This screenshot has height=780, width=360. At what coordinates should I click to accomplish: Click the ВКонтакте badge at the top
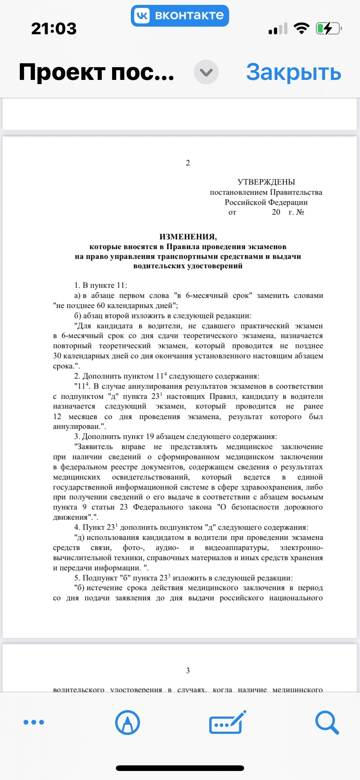coord(180,16)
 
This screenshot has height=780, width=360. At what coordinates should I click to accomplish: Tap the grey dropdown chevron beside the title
coord(206,72)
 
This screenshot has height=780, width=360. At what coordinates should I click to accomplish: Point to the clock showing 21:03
coord(54,29)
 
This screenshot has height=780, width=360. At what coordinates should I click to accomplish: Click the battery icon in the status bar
coord(328,29)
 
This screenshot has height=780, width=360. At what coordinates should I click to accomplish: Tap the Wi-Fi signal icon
coord(301,28)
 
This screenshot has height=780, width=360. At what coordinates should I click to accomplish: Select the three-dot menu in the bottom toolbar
coord(34,722)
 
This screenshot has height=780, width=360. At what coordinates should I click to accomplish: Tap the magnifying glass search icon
coord(327,722)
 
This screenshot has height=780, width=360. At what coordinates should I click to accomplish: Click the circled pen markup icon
coord(127,722)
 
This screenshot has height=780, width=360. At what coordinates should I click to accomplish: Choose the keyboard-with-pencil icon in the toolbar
coord(227,722)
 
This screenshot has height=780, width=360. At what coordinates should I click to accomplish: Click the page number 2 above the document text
coord(188,163)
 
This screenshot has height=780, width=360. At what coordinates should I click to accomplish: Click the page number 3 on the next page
coord(188,670)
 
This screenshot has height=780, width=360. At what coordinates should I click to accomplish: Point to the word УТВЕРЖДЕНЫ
coord(266,182)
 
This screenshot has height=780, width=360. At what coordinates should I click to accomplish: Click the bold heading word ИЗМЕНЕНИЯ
coord(188,237)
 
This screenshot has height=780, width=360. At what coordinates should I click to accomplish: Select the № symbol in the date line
coord(300,212)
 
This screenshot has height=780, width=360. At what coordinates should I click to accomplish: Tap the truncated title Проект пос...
coord(96,72)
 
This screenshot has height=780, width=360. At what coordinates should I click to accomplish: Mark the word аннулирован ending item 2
coord(77,427)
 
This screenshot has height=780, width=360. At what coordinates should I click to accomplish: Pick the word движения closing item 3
coord(70,517)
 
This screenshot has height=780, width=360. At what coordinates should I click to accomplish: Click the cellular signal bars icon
coord(278,29)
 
